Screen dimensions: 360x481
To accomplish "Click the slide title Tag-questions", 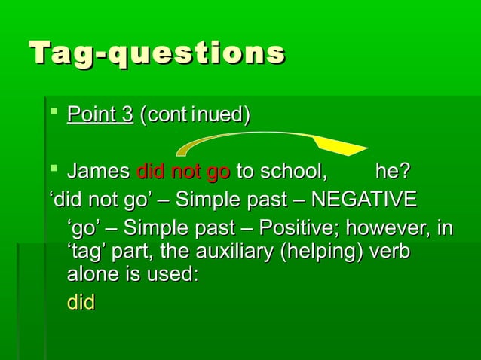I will (x=157, y=54).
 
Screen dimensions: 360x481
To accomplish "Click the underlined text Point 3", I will (x=100, y=115).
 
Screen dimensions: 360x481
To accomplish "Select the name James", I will (x=98, y=172).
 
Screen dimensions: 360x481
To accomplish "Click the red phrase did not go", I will (x=183, y=172).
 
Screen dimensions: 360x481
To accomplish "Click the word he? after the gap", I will (x=394, y=172).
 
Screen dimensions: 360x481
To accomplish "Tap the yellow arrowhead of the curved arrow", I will (x=339, y=146).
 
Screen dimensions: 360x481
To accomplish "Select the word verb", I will (x=391, y=252).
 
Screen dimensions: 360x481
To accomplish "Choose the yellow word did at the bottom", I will (x=81, y=303).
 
